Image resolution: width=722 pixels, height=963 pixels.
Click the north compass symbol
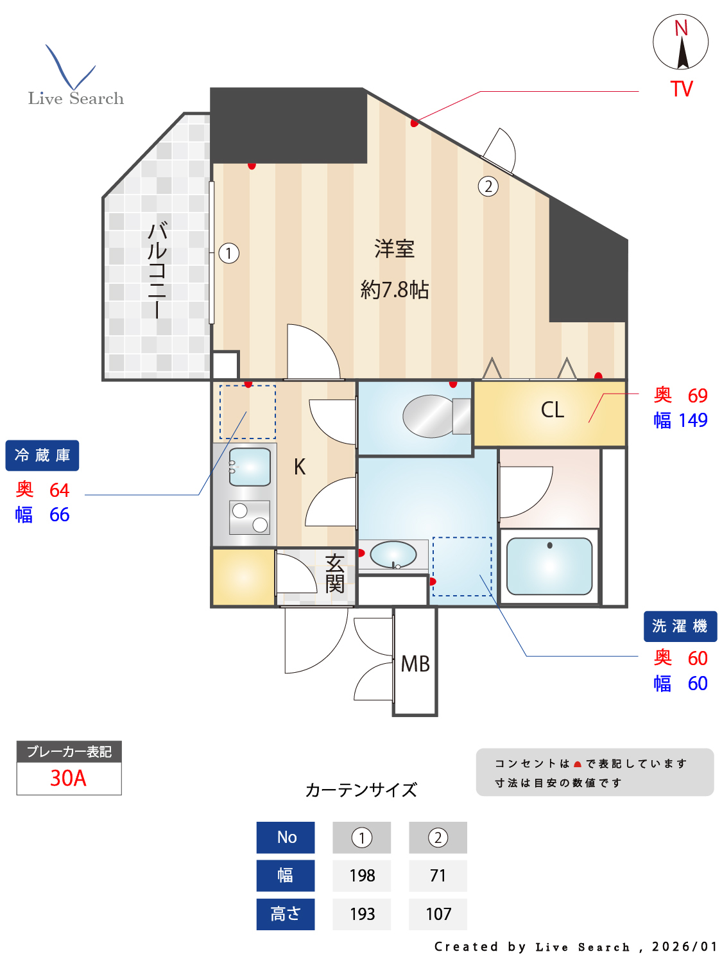click(x=680, y=42)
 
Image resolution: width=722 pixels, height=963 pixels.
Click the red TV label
click(x=681, y=89)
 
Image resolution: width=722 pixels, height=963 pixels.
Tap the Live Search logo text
click(x=76, y=98)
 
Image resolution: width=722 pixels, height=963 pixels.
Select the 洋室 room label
click(x=394, y=248)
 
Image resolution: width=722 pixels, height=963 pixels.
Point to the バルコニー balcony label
click(x=157, y=270)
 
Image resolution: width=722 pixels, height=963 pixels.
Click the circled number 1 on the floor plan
click(x=228, y=253)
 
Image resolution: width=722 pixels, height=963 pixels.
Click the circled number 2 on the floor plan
click(x=488, y=186)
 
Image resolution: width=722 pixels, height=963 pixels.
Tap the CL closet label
click(x=553, y=410)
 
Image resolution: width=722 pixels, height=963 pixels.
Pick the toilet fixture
click(x=436, y=416)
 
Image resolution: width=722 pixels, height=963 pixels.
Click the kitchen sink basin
click(x=250, y=467)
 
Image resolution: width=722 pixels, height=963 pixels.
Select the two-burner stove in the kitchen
click(x=250, y=517)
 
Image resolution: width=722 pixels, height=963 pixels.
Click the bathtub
click(x=549, y=566)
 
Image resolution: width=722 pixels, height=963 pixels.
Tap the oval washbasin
click(x=393, y=554)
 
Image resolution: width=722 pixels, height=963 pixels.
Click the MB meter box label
click(x=415, y=664)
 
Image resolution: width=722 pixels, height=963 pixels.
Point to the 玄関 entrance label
click(x=334, y=573)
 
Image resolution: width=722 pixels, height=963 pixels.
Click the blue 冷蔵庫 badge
click(x=42, y=455)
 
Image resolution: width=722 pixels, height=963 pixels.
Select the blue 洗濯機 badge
click(x=680, y=626)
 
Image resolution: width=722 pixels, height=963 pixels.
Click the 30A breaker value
click(x=69, y=778)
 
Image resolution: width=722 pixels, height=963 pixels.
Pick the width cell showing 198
click(x=361, y=876)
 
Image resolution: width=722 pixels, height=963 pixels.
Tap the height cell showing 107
click(x=438, y=914)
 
